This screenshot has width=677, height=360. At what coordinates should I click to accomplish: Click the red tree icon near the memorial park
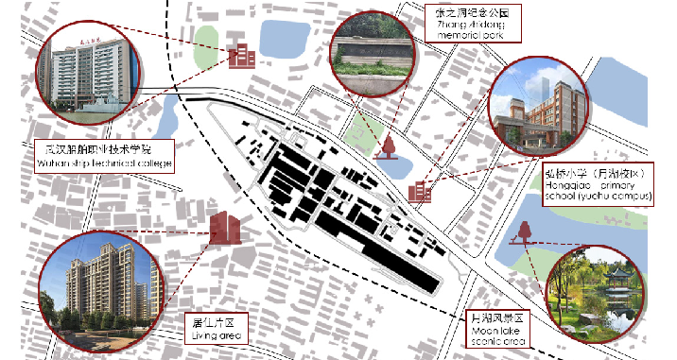click(388, 146)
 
